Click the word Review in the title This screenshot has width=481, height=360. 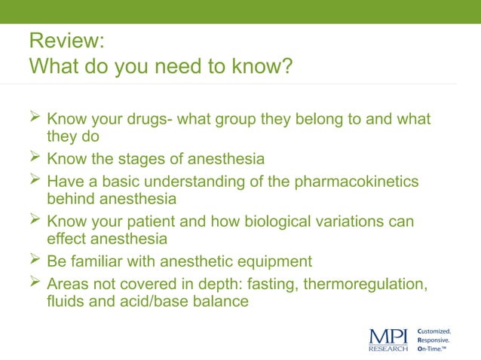(58, 42)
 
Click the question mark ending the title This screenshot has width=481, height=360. (286, 67)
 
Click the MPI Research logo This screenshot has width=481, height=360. (388, 339)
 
